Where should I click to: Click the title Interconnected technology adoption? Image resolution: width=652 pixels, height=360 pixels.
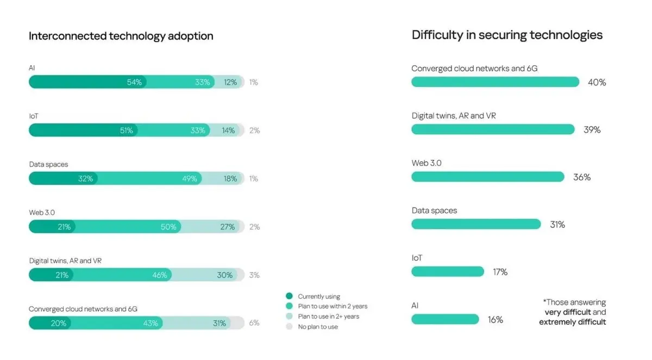pyautogui.click(x=121, y=36)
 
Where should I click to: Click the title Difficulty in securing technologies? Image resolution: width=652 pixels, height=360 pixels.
pyautogui.click(x=507, y=35)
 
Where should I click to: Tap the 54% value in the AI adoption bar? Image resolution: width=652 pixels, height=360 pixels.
pyautogui.click(x=134, y=83)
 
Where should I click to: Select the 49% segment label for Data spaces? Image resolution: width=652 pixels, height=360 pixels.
pyautogui.click(x=190, y=179)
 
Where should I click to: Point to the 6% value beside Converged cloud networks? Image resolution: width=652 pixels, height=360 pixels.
pyautogui.click(x=254, y=323)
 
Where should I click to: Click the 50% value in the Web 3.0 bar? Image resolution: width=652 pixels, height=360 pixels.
pyautogui.click(x=168, y=227)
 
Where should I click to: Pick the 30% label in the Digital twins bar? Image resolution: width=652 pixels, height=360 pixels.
pyautogui.click(x=225, y=275)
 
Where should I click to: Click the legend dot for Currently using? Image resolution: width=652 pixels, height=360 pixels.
pyautogui.click(x=289, y=296)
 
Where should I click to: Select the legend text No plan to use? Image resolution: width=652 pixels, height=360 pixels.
pyautogui.click(x=318, y=327)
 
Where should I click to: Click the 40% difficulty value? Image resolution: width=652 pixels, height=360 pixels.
pyautogui.click(x=597, y=83)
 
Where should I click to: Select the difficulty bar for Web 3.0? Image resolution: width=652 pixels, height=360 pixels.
pyautogui.click(x=487, y=177)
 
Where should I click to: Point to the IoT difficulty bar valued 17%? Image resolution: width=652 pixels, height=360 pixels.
pyautogui.click(x=447, y=271)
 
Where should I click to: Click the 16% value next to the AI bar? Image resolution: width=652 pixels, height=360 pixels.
pyautogui.click(x=496, y=320)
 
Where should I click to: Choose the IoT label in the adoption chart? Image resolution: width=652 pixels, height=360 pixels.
pyautogui.click(x=34, y=116)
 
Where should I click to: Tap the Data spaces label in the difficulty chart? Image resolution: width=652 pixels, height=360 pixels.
pyautogui.click(x=434, y=211)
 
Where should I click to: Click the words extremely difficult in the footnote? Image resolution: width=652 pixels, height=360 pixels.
pyautogui.click(x=572, y=322)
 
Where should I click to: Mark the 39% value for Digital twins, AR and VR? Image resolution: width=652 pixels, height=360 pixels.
pyautogui.click(x=592, y=130)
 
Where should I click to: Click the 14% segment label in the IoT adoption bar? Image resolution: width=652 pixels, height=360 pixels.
pyautogui.click(x=228, y=131)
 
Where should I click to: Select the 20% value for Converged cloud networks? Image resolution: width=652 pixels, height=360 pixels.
pyautogui.click(x=59, y=323)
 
